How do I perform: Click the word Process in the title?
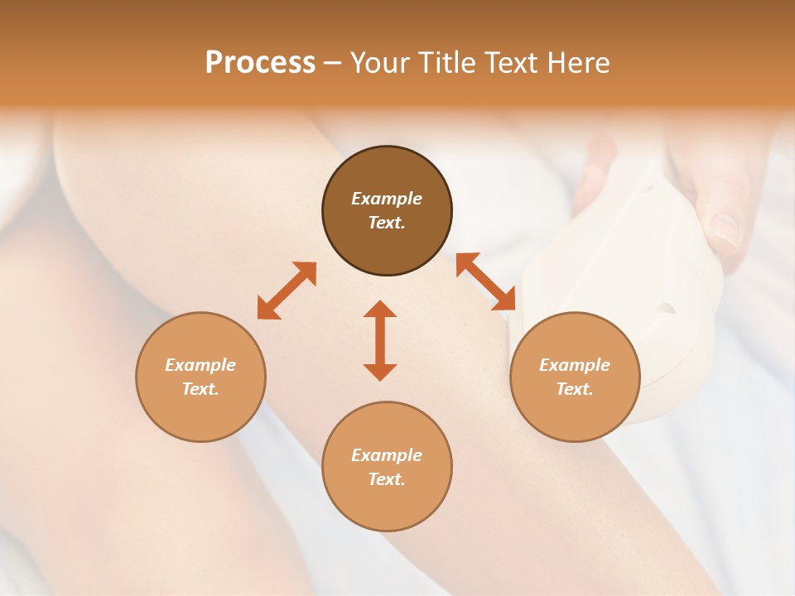(x=260, y=63)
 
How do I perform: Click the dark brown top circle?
(x=387, y=211)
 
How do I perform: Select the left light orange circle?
(x=200, y=377)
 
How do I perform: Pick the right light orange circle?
(x=574, y=377)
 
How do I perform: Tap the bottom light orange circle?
(x=387, y=467)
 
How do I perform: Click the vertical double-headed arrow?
(x=380, y=340)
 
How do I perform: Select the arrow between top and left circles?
(x=287, y=291)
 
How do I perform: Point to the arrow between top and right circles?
(x=486, y=281)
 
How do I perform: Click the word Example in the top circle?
(x=387, y=199)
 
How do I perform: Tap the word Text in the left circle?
(x=200, y=389)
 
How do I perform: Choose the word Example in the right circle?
(x=574, y=365)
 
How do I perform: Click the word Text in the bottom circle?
(x=387, y=479)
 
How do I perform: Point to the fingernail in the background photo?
(x=726, y=231)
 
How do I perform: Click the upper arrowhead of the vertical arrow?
(x=380, y=309)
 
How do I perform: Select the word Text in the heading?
(x=510, y=63)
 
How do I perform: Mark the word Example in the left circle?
(x=200, y=365)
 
